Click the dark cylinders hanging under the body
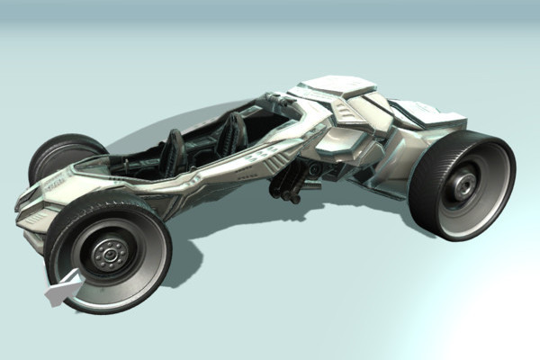286,184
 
